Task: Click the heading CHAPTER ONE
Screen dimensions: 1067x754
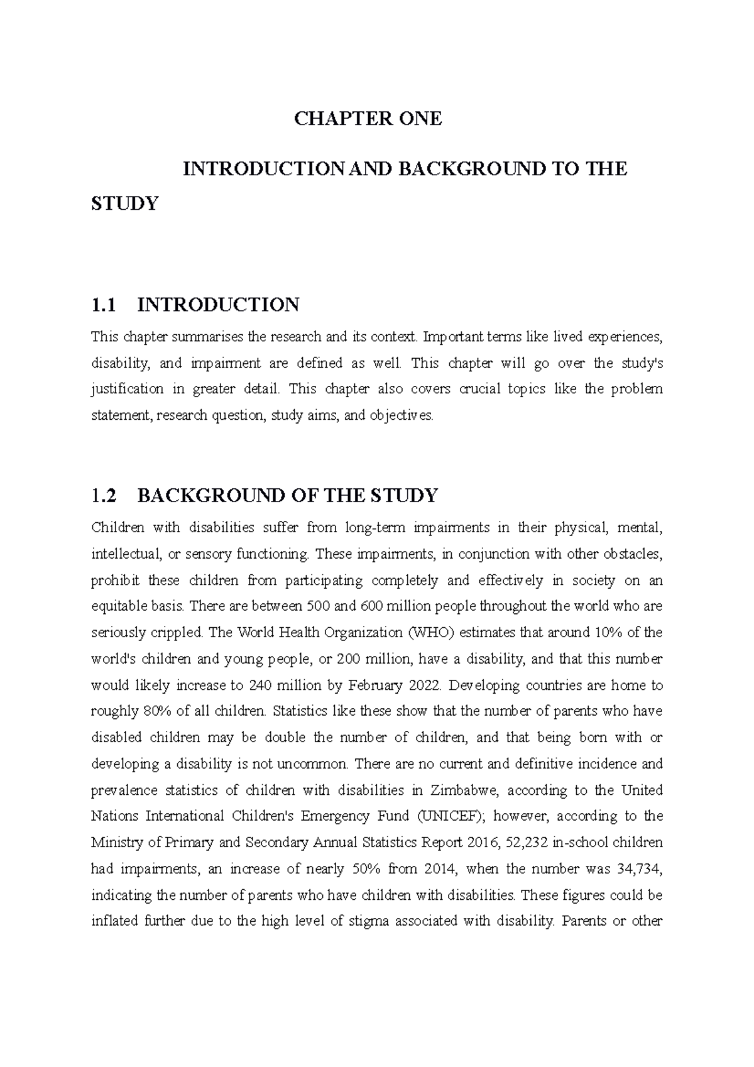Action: pyautogui.click(x=368, y=119)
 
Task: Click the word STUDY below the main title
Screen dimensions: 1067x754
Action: pyautogui.click(x=124, y=204)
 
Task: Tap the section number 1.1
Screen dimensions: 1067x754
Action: pyautogui.click(x=104, y=305)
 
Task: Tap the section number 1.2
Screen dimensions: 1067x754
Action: pyautogui.click(x=104, y=496)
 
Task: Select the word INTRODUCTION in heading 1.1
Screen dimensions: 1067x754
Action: pyautogui.click(x=218, y=305)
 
